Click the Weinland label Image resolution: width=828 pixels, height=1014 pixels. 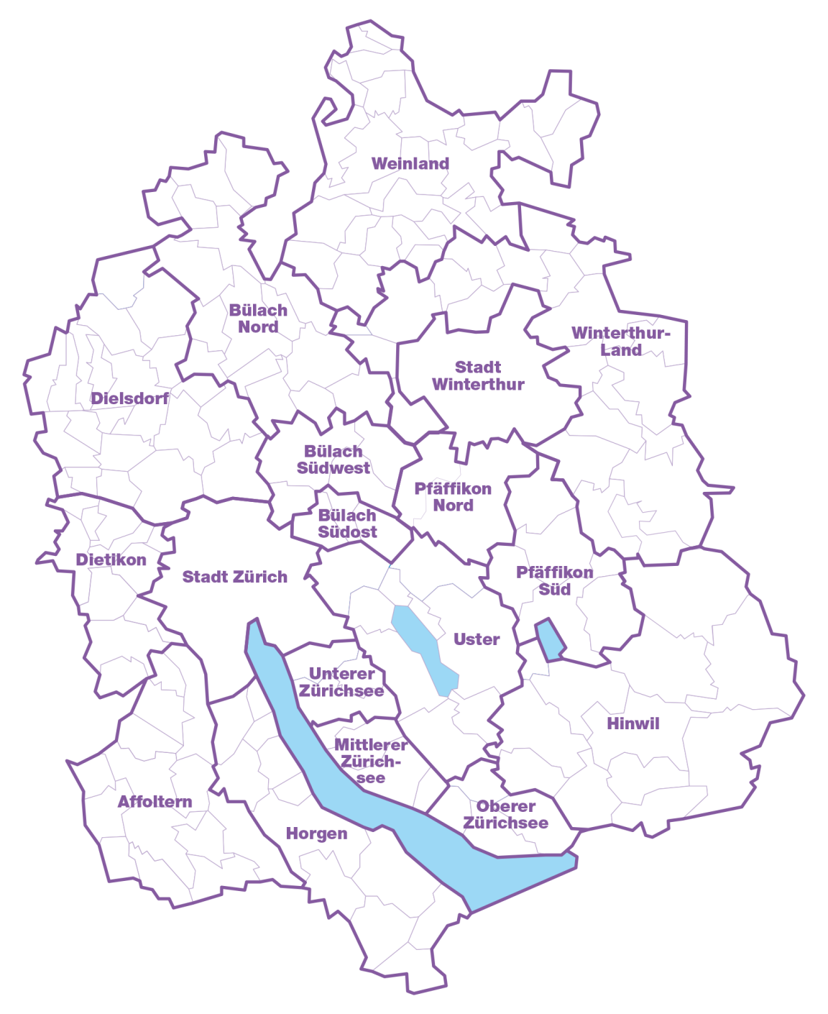pos(410,164)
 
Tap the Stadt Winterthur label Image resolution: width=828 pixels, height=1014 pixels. pos(478,376)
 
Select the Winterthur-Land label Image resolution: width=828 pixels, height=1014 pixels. pos(621,342)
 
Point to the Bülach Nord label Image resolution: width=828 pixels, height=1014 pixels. pos(258,319)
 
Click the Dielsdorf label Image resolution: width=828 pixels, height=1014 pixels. pos(130,398)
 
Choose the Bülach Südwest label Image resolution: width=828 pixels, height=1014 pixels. pos(333,460)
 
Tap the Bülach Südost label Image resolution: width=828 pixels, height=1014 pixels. pos(347,524)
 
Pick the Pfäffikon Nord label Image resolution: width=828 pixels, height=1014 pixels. pos(453,497)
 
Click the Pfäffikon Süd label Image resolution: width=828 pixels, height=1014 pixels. pos(555,581)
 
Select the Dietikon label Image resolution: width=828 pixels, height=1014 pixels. pos(111,559)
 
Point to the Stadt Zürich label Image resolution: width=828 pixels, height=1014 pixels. pos(235,577)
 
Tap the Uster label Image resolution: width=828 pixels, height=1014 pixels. pos(477,639)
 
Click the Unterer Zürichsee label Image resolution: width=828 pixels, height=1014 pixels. pos(341,682)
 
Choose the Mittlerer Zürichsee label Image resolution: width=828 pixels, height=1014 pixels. pos(371,762)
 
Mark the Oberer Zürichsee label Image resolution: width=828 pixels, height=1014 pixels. pos(506,815)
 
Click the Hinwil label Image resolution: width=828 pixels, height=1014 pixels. pos(633,723)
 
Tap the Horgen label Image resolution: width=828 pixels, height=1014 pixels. pos(316,833)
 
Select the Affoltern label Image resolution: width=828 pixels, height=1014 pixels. pos(155,802)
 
